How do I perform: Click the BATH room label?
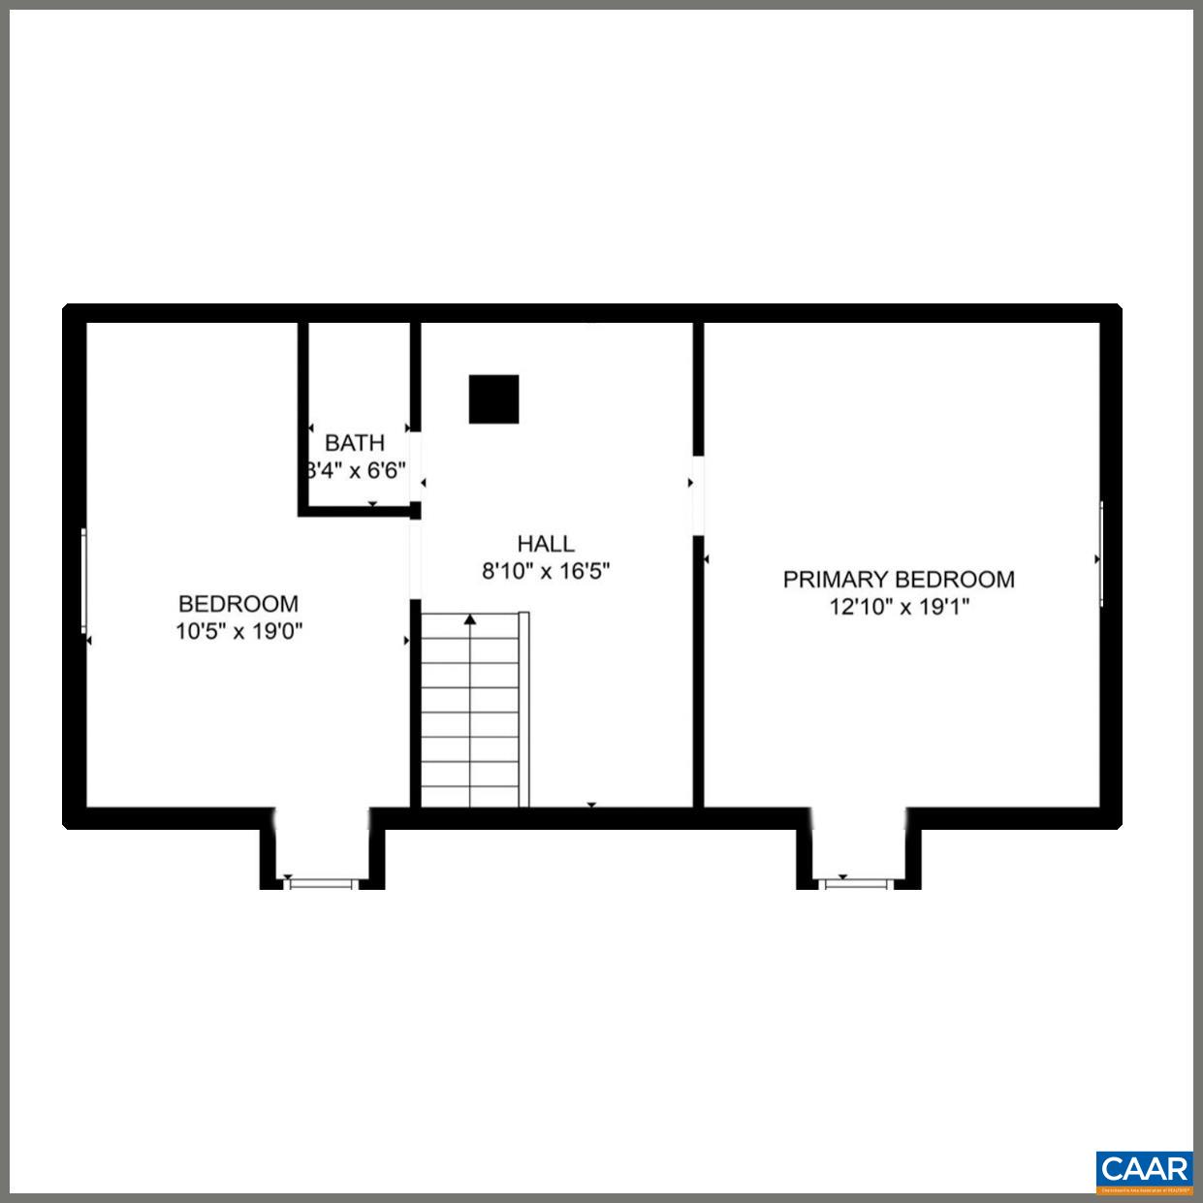coord(354,443)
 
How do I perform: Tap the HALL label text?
coord(545,544)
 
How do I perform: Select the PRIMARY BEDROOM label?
coord(899,580)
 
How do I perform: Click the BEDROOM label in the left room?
coord(238,604)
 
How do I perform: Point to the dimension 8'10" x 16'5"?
coord(545,571)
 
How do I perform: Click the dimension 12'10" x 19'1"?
coord(899,608)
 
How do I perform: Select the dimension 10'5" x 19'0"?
coord(238,632)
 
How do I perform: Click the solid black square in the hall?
coord(493,399)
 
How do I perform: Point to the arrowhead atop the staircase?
coord(470,618)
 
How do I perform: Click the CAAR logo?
coord(1144,1170)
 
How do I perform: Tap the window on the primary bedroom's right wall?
coord(1101,554)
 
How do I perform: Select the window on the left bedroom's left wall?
coord(84,582)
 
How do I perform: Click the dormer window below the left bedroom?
coord(323,883)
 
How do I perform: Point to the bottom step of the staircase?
coord(470,795)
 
